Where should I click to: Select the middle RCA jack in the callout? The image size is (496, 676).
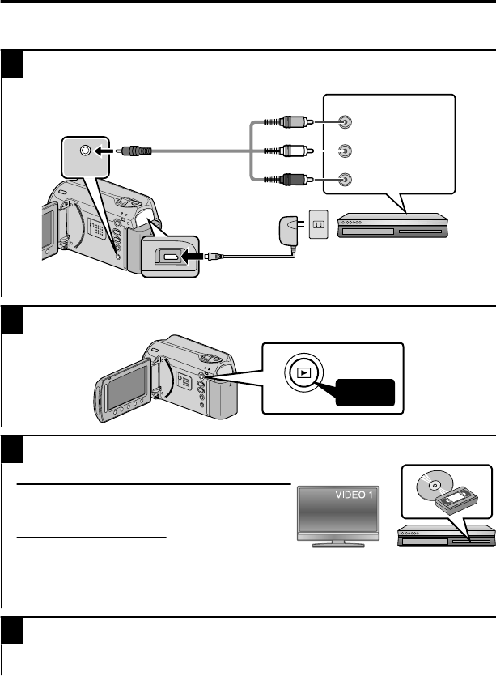coord(345,150)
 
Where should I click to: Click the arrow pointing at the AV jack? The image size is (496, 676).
coord(104,151)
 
